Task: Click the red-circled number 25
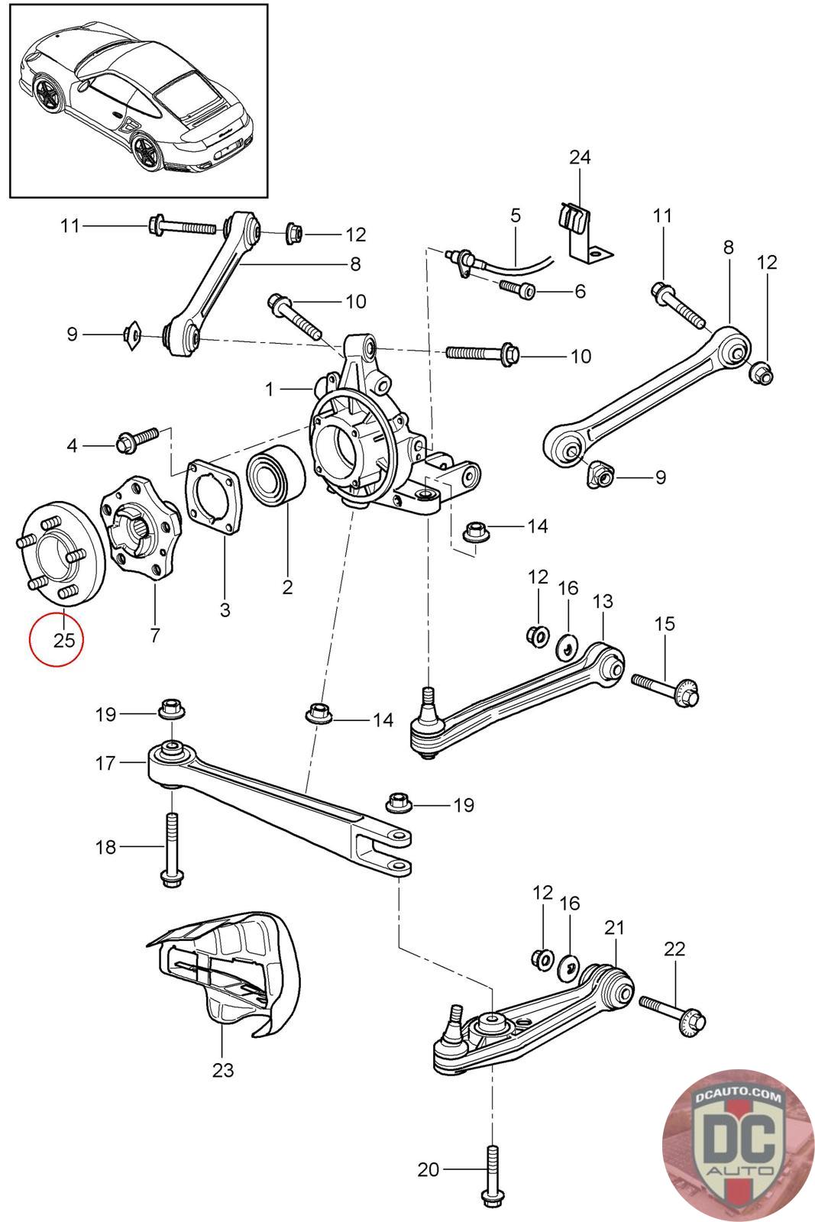[64, 639]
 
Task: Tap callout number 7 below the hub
[155, 635]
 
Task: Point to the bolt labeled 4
[137, 438]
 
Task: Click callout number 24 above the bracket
[580, 157]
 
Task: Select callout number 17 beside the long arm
[105, 763]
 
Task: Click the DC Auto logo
[737, 1145]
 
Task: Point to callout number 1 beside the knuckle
[270, 389]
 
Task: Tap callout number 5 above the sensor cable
[516, 215]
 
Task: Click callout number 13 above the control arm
[603, 601]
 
